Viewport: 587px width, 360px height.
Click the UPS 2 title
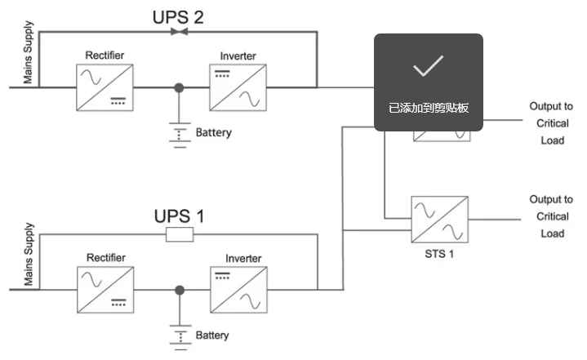pos(178,18)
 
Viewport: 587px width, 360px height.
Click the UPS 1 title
pos(179,216)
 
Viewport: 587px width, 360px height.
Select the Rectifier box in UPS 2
pos(105,87)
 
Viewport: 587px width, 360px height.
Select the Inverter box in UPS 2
pos(238,87)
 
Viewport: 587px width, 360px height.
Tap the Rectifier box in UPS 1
pos(105,290)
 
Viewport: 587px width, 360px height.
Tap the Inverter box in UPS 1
pos(239,290)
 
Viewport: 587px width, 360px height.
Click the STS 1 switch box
pos(439,220)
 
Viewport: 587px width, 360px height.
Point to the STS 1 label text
pos(439,254)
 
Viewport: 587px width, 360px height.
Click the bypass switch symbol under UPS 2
pos(180,32)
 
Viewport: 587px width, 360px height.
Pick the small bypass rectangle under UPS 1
pos(180,234)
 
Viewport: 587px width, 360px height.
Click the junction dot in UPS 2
pos(179,88)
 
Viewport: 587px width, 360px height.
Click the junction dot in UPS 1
pos(180,290)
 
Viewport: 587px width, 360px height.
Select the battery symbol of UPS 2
pos(180,135)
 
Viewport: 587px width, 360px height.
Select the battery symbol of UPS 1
pos(180,337)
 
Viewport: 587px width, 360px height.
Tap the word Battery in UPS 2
pos(214,133)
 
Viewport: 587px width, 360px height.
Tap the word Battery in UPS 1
pos(212,336)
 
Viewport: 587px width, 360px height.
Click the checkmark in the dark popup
pos(429,66)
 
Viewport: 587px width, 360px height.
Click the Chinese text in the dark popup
pos(429,108)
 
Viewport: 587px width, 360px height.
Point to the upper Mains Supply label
pos(28,52)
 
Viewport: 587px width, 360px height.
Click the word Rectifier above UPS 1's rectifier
pos(106,258)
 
